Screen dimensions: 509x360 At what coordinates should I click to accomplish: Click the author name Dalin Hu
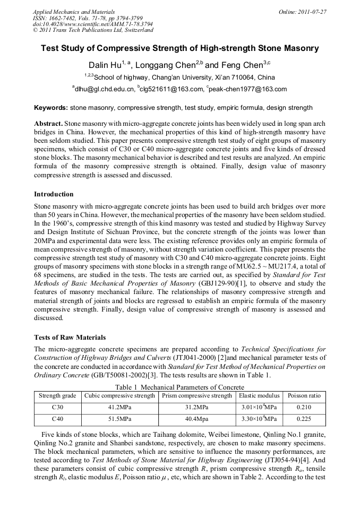pyautogui.click(x=105, y=65)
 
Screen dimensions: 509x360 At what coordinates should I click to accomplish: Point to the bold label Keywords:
pyautogui.click(x=51, y=108)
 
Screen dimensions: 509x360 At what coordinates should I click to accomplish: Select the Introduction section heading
pyautogui.click(x=54, y=194)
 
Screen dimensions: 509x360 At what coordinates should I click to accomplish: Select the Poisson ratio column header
pyautogui.click(x=304, y=396)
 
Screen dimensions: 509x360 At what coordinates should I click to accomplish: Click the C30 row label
pyautogui.click(x=58, y=408)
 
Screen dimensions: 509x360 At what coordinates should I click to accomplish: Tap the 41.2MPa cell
pyautogui.click(x=119, y=408)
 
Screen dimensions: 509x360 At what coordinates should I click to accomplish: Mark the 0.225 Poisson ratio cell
pyautogui.click(x=304, y=419)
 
